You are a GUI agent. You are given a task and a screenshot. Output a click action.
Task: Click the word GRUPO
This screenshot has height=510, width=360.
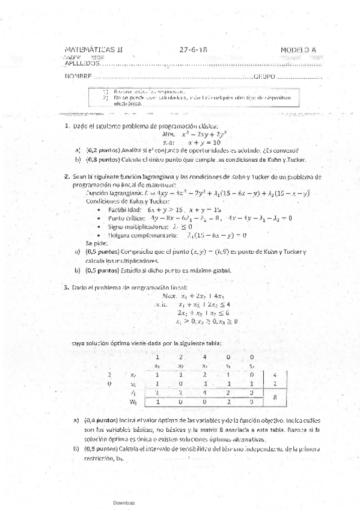coord(265,77)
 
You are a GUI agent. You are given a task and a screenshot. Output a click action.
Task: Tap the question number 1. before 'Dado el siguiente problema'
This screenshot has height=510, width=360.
coord(67,126)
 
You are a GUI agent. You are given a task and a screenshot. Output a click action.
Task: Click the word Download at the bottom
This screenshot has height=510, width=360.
coord(124,502)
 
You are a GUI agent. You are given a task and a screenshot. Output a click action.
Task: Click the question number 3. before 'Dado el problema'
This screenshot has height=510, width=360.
coord(67,288)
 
